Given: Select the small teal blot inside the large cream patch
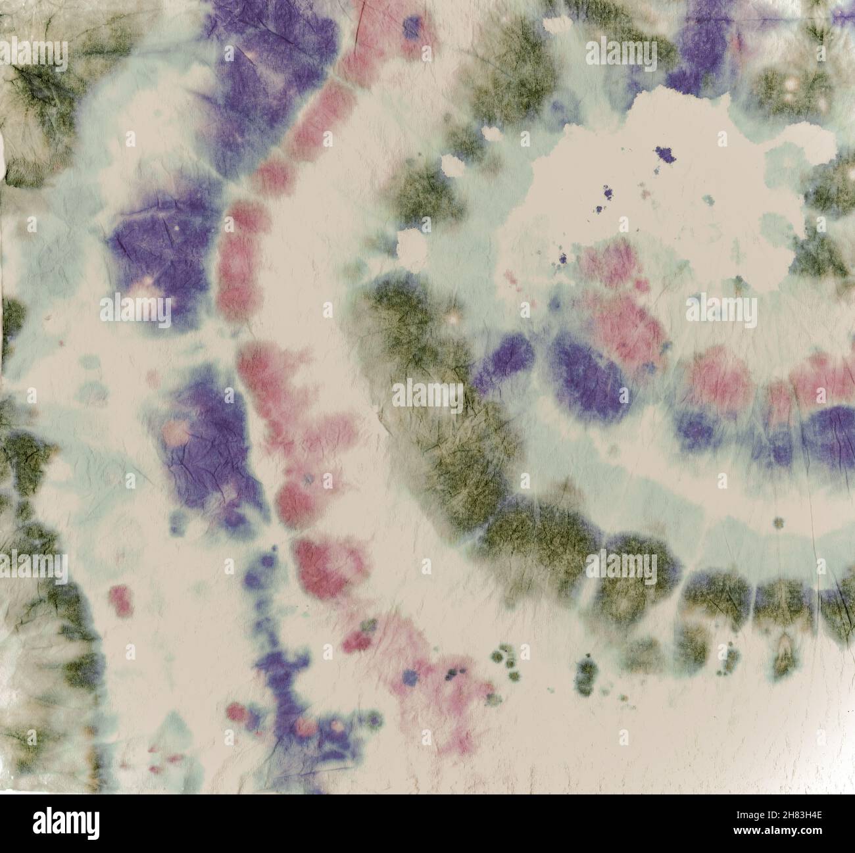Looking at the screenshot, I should click(x=708, y=200).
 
